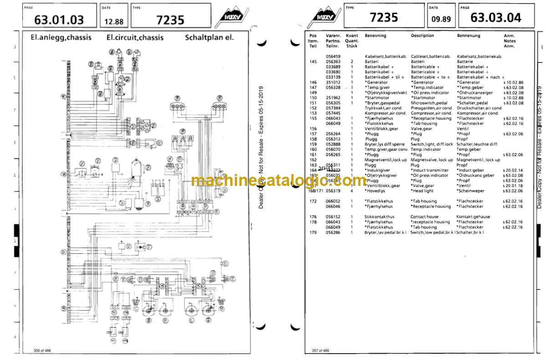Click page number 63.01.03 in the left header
(x=59, y=20)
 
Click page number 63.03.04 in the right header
(x=496, y=18)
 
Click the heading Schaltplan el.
(x=209, y=37)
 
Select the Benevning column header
(x=375, y=36)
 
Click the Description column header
(x=422, y=36)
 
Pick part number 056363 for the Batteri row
(x=333, y=62)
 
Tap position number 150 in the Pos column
(x=313, y=98)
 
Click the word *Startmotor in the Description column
(x=423, y=98)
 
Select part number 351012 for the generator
(x=333, y=82)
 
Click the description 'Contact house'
(x=424, y=217)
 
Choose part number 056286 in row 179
(x=333, y=232)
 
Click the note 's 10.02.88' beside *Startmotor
(x=513, y=98)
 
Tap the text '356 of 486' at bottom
(x=43, y=350)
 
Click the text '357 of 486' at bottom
(x=321, y=350)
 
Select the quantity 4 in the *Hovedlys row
(x=352, y=191)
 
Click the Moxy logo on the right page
(x=323, y=18)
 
